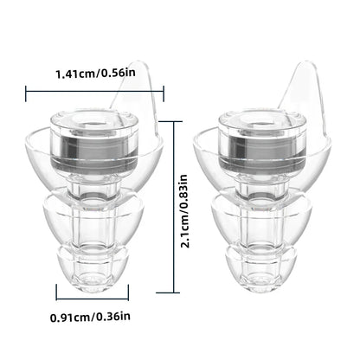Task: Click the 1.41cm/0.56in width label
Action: [95, 74]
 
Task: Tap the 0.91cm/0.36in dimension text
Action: [90, 317]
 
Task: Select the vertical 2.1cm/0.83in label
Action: [183, 211]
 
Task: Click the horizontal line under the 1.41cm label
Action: [94, 92]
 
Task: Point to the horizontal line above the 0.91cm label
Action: [93, 299]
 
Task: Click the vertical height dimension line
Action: [173, 207]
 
